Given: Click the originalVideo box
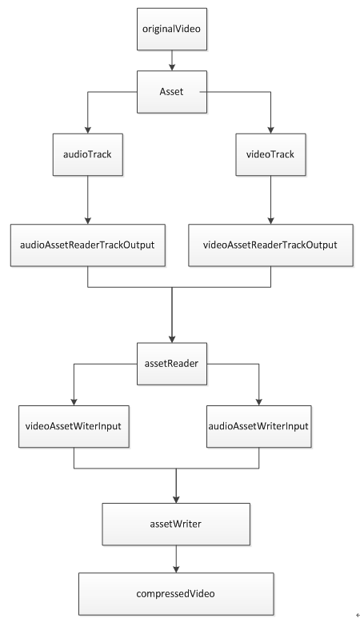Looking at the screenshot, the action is pyautogui.click(x=172, y=29).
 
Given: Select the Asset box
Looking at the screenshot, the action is pyautogui.click(x=172, y=92).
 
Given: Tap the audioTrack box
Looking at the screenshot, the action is pyautogui.click(x=88, y=154).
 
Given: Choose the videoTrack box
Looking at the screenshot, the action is pyautogui.click(x=270, y=154).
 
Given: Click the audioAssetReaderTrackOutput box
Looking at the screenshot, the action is pyautogui.click(x=88, y=245).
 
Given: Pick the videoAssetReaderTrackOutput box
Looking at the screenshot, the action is pyautogui.click(x=270, y=245).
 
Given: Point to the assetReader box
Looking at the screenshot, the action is pyautogui.click(x=172, y=364).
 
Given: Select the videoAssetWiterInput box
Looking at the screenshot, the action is pyautogui.click(x=74, y=426).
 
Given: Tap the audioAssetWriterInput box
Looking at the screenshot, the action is pyautogui.click(x=258, y=426).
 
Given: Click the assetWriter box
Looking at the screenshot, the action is pyautogui.click(x=176, y=524).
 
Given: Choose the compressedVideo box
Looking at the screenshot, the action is pyautogui.click(x=176, y=594).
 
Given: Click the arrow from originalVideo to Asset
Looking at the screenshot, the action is pyautogui.click(x=172, y=60).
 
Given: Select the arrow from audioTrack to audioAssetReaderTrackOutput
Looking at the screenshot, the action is pyautogui.click(x=88, y=200).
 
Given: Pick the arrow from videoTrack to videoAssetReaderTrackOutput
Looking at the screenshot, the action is pyautogui.click(x=270, y=200).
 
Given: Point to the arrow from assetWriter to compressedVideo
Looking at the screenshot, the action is pyautogui.click(x=176, y=559).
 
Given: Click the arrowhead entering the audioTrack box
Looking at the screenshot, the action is pyautogui.click(x=88, y=130).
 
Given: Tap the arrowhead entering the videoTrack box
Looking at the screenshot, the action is pyautogui.click(x=270, y=130).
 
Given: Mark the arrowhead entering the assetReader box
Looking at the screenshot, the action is pyautogui.click(x=172, y=340).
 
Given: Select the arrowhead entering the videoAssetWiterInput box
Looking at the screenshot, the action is pyautogui.click(x=74, y=402).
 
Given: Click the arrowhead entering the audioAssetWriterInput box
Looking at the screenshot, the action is pyautogui.click(x=258, y=402).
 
